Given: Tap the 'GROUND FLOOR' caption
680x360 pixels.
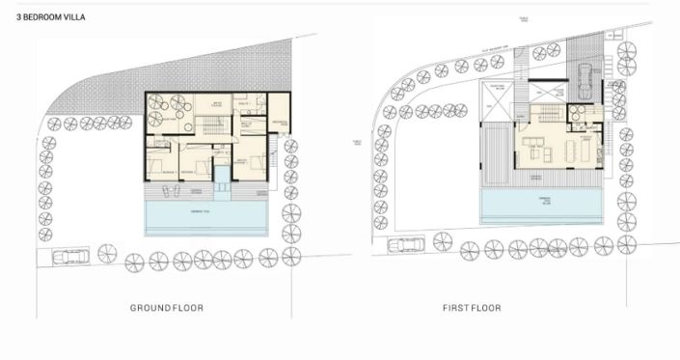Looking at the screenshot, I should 166,308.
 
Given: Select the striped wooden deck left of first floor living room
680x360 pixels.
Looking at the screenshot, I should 497,154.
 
